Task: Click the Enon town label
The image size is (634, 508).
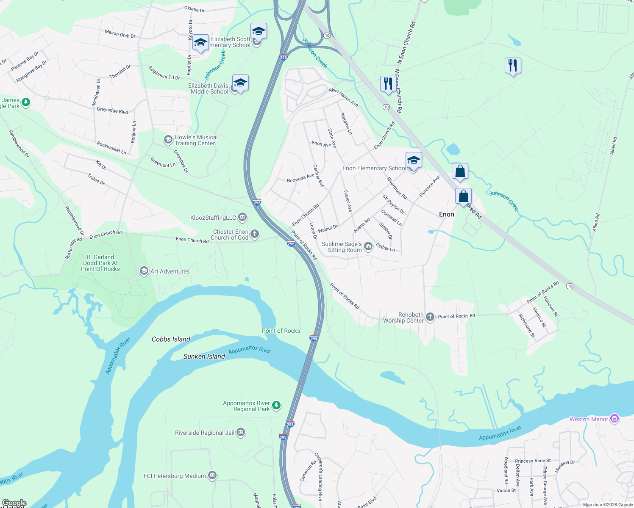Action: click(x=446, y=214)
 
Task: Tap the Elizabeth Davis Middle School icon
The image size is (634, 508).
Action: click(x=240, y=83)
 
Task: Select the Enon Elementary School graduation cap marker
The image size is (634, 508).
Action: click(x=413, y=160)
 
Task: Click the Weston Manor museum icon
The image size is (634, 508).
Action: click(x=615, y=419)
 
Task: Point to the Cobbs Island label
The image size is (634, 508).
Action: click(x=171, y=339)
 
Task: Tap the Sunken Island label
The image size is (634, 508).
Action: click(x=204, y=356)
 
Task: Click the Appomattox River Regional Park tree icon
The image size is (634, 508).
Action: click(x=276, y=406)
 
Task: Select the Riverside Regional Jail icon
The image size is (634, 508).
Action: click(x=241, y=432)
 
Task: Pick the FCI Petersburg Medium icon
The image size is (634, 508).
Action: click(x=212, y=476)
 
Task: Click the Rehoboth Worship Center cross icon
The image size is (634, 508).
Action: click(x=430, y=317)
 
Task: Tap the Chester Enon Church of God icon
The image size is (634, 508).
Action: click(x=255, y=234)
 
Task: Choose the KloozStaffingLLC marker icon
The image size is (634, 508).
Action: click(x=242, y=218)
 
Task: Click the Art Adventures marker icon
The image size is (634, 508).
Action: click(x=144, y=271)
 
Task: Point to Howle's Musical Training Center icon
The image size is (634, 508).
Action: click(x=168, y=140)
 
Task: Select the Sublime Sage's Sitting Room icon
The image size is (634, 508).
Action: click(x=368, y=246)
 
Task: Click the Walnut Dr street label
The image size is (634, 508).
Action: click(x=328, y=229)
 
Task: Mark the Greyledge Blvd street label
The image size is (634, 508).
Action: click(x=112, y=110)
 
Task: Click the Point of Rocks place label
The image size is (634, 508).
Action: click(x=281, y=331)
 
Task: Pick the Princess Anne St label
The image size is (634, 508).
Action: click(x=533, y=461)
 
